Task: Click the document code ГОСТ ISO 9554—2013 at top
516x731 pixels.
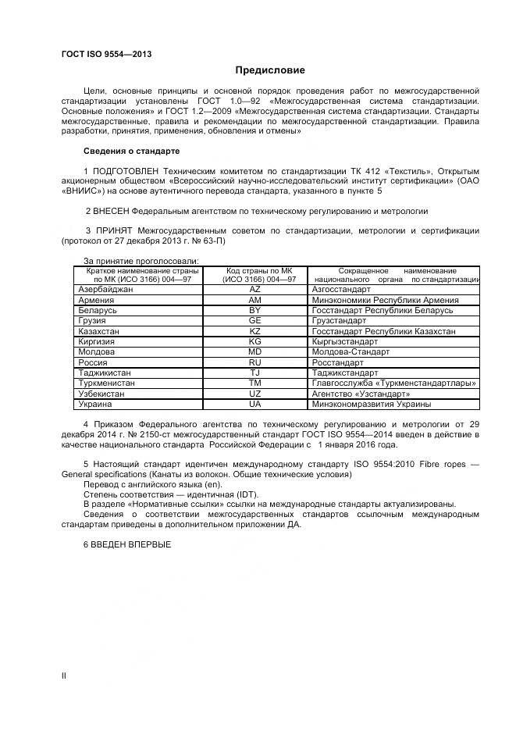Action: point(106,54)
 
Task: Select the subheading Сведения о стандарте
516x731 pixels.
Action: point(131,151)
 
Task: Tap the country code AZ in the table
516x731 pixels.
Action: point(254,289)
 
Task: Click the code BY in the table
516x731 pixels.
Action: point(254,310)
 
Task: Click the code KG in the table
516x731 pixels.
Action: point(254,342)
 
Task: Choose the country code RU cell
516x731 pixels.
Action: point(254,363)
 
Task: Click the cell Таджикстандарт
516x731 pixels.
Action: point(344,373)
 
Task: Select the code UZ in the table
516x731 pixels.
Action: point(254,394)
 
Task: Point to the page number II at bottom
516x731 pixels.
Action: point(64,676)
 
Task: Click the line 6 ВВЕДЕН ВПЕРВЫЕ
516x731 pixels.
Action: point(126,544)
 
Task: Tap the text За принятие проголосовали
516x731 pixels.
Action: point(141,261)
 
